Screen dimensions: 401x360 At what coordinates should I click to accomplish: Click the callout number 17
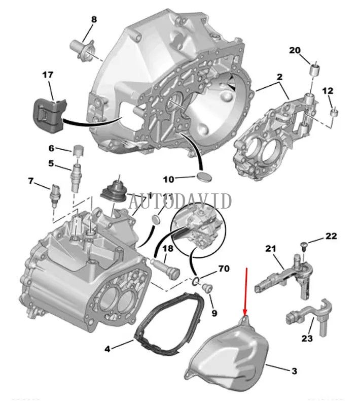tap(47, 75)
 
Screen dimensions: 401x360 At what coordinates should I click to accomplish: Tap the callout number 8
tap(93, 20)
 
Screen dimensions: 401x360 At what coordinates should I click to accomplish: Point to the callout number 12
tap(328, 91)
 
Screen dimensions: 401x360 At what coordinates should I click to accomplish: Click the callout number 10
tap(168, 179)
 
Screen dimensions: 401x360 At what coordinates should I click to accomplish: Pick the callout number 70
tap(224, 269)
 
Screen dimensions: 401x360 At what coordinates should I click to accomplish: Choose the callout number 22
tap(331, 236)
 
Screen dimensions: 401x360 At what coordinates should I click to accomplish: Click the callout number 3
tap(294, 371)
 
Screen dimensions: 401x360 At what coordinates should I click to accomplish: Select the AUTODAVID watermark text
tap(180, 201)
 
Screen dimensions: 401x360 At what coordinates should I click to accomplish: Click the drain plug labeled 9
tap(206, 289)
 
